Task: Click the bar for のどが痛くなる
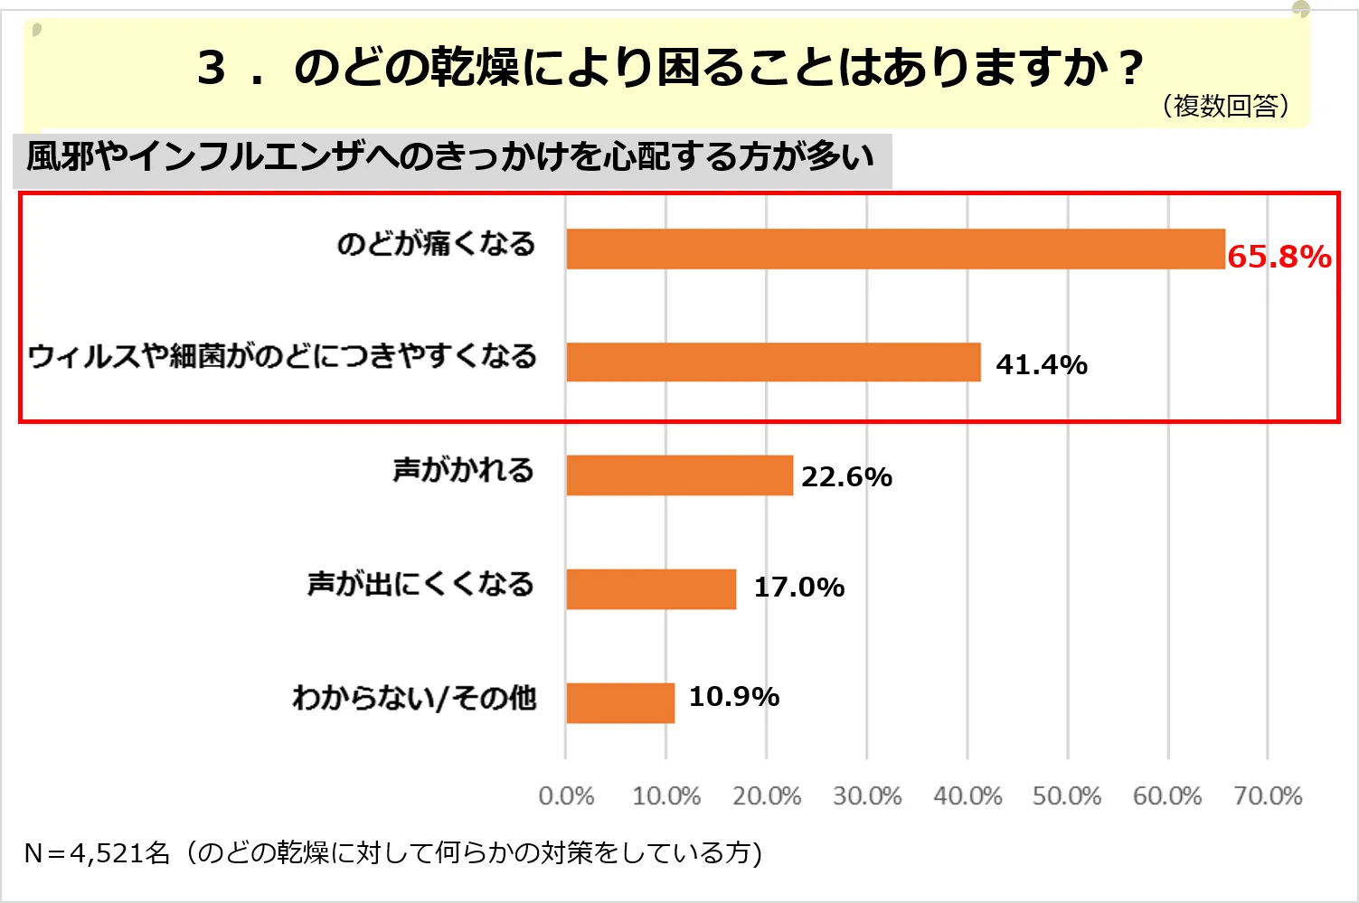(895, 249)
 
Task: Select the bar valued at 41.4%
(773, 362)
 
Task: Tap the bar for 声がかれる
(679, 475)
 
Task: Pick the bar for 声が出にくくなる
(651, 589)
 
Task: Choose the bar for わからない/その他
(620, 702)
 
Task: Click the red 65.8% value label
(1279, 257)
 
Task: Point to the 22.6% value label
(846, 476)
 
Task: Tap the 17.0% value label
(799, 588)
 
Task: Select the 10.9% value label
(734, 697)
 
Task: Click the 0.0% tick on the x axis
(566, 796)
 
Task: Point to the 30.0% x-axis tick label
(867, 796)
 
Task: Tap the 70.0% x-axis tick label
(1268, 796)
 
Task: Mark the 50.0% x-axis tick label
(1067, 796)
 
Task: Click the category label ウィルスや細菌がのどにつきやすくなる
(282, 356)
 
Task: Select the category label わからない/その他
(414, 698)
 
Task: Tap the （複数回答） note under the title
(1225, 107)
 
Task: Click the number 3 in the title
(211, 68)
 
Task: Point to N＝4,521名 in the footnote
(97, 852)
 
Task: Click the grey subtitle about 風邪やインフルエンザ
(450, 158)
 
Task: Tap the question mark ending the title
(1130, 69)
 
